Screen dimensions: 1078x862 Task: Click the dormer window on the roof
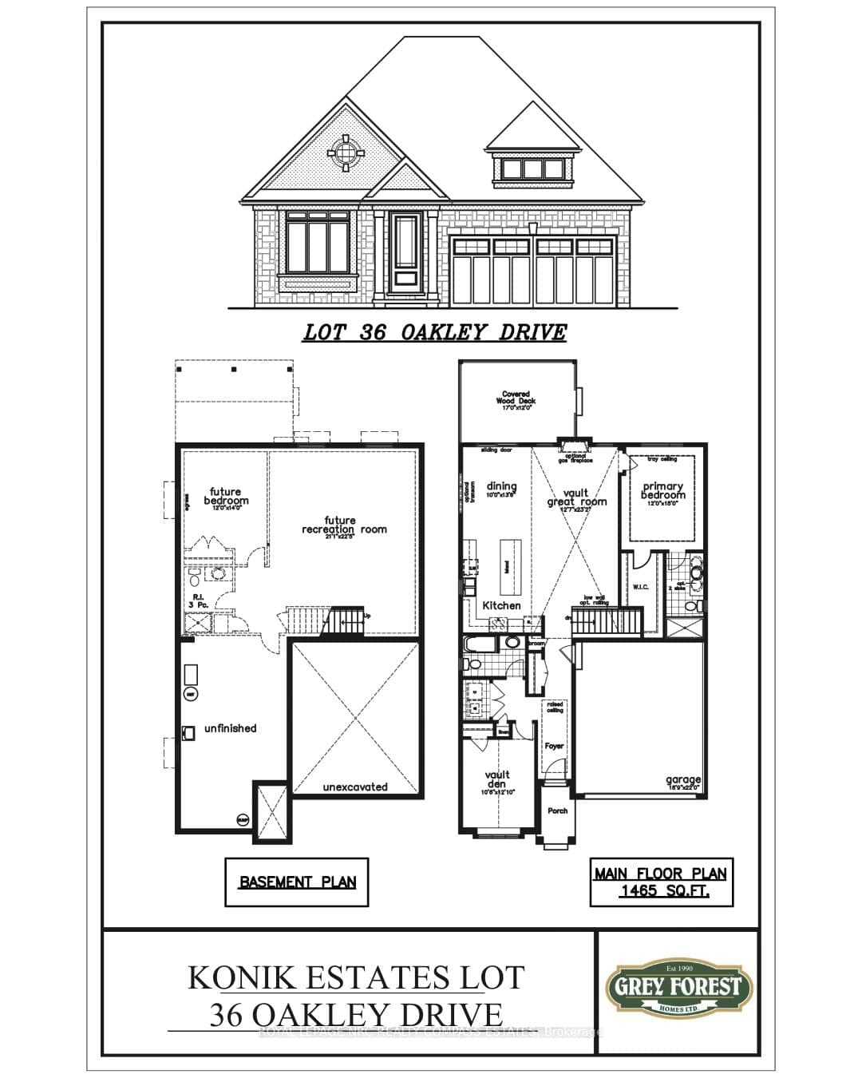[x=533, y=168]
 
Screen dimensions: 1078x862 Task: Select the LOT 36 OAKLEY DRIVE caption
[x=434, y=332]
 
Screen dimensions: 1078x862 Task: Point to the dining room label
[x=501, y=488]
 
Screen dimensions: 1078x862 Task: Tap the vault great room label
[x=576, y=498]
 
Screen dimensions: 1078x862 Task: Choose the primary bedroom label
[x=662, y=491]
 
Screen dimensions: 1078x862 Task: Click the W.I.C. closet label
[x=640, y=587]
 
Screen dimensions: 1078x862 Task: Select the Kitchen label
[x=501, y=605]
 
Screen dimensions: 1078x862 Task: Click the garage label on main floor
[x=683, y=781]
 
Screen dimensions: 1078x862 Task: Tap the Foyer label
[x=555, y=746]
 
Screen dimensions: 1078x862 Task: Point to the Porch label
[x=558, y=810]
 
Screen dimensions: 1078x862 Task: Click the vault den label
[x=496, y=780]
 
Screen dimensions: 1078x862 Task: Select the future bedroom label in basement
[x=226, y=497]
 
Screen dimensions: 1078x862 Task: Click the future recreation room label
[x=344, y=525]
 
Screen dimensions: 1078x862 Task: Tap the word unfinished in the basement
[x=230, y=728]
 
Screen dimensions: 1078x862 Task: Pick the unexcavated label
[x=355, y=787]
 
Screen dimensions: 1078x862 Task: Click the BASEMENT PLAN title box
[x=297, y=882]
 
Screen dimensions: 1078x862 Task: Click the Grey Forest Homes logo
[x=678, y=988]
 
